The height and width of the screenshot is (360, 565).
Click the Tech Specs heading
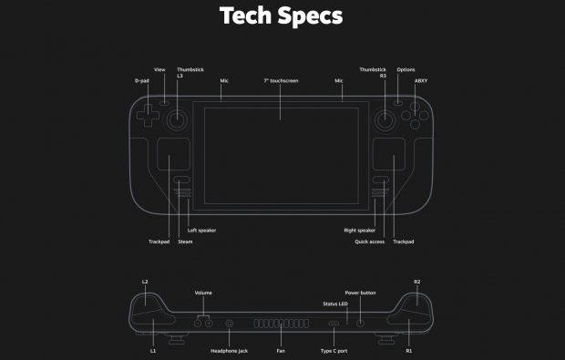[282, 15]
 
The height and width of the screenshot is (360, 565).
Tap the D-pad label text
[141, 80]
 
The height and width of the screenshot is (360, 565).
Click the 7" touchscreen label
[281, 80]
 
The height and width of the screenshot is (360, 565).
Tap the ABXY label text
[420, 80]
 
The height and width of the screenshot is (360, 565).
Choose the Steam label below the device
[185, 242]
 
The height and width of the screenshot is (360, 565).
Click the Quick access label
[369, 242]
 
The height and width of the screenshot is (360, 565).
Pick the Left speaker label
[201, 231]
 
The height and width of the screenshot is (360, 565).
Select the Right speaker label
[360, 231]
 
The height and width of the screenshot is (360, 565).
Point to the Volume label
[204, 293]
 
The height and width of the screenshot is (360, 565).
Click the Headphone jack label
[229, 350]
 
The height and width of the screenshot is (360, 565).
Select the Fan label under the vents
[281, 350]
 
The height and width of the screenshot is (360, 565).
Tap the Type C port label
[334, 350]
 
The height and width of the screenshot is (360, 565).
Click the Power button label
[360, 293]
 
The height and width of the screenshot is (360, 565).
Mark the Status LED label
[335, 303]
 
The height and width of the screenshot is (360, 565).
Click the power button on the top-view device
[361, 323]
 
